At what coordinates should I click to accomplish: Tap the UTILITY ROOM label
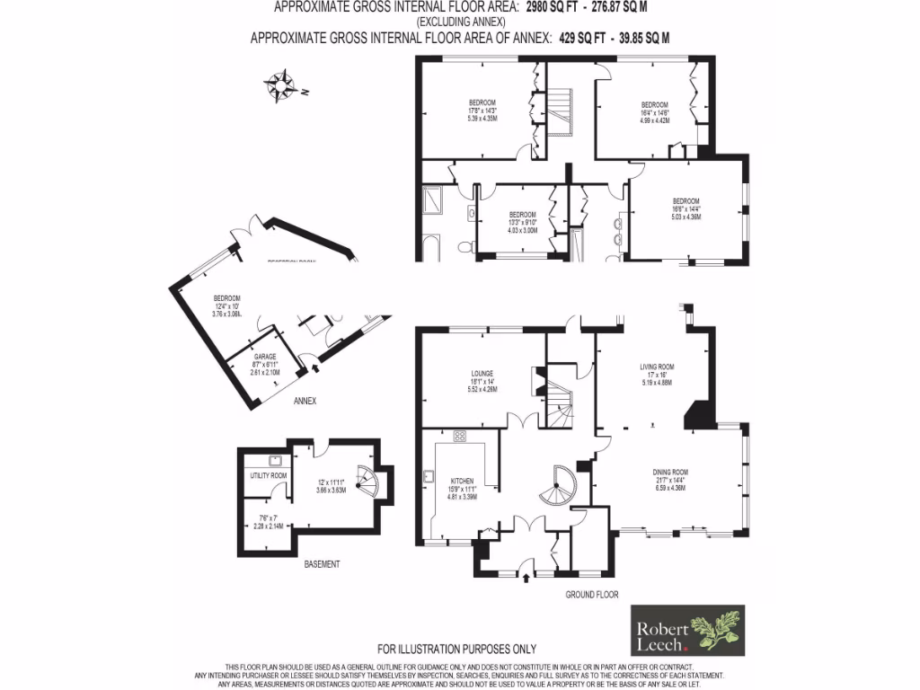268,475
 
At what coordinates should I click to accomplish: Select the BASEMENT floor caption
322,564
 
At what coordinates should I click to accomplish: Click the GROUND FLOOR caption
591,595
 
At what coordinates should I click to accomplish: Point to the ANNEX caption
305,401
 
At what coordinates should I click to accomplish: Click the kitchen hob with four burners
460,438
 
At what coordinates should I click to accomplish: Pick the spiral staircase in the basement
367,482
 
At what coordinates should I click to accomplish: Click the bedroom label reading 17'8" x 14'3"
482,111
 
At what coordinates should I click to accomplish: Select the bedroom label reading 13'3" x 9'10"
522,221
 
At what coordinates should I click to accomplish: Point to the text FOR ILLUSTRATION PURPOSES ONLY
456,649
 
